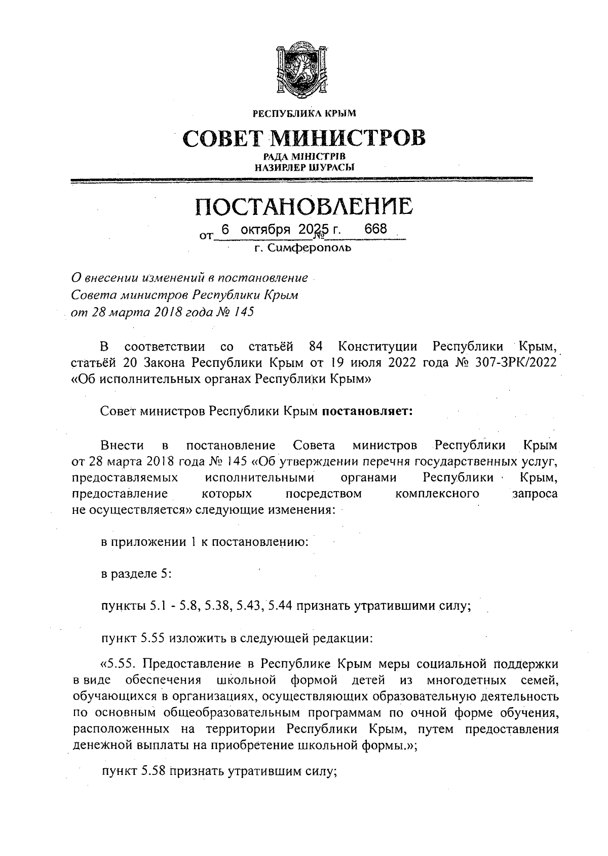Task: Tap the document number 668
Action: pyautogui.click(x=375, y=229)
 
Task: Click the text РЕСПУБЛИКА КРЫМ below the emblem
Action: pyautogui.click(x=304, y=113)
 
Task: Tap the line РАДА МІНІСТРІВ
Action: pyautogui.click(x=304, y=157)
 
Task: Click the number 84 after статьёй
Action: pyautogui.click(x=316, y=347)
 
